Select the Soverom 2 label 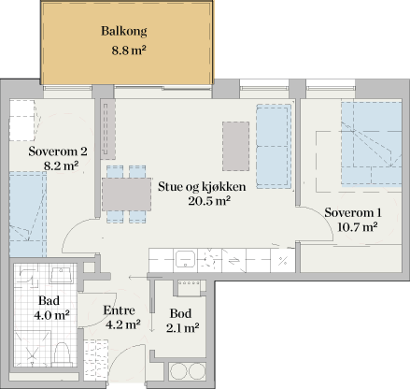[x=58, y=151]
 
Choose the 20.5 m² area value [x=209, y=200]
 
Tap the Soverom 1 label [x=353, y=211]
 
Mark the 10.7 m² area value [x=357, y=226]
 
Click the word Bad [x=49, y=301]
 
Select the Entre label [x=120, y=311]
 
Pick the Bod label [x=181, y=312]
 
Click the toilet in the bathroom [x=61, y=353]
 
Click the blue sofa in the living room [x=274, y=145]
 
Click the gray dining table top [x=127, y=194]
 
